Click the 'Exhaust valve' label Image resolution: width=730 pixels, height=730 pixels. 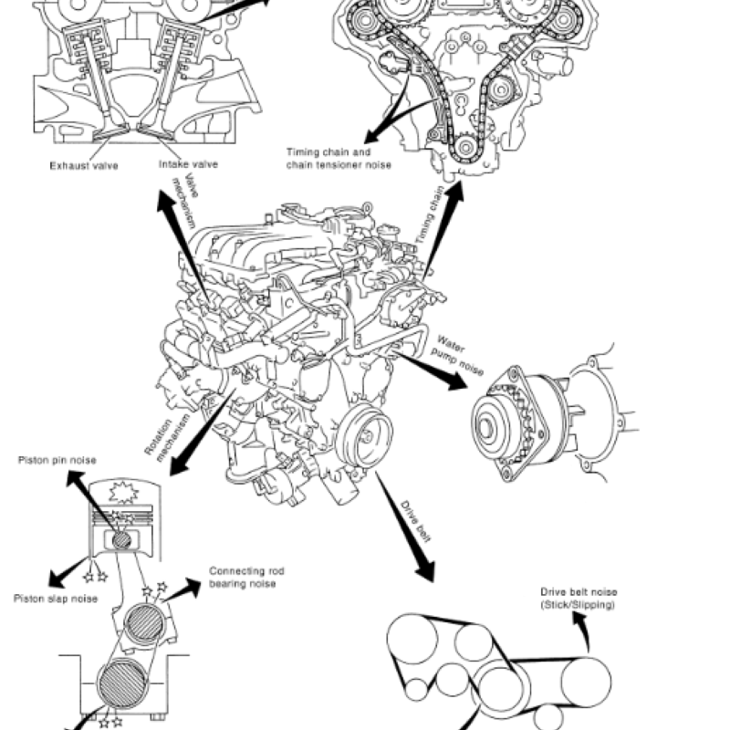pyautogui.click(x=85, y=166)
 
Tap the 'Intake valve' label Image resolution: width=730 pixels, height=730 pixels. pyautogui.click(x=189, y=165)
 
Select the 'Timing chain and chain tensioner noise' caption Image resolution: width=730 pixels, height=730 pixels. pyautogui.click(x=339, y=158)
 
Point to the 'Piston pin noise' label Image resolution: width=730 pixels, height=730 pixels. pyautogui.click(x=57, y=460)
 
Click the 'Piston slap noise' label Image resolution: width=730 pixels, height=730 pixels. pyautogui.click(x=57, y=599)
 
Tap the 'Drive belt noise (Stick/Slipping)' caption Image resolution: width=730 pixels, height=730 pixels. pyautogui.click(x=579, y=598)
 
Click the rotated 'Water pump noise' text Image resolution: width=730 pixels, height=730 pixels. pyautogui.click(x=460, y=354)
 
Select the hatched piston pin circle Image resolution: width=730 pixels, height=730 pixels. pyautogui.click(x=122, y=539)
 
